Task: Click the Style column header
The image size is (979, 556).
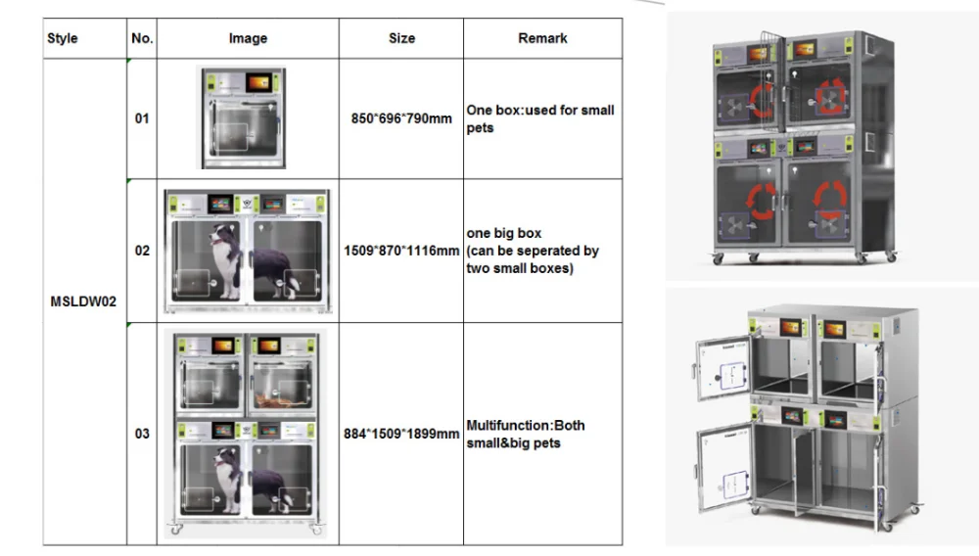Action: (x=63, y=38)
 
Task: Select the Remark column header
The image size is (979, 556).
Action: (x=542, y=38)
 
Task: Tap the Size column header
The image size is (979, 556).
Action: (x=401, y=38)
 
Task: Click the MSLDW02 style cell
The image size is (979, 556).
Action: (x=83, y=301)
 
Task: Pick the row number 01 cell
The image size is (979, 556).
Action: (x=142, y=118)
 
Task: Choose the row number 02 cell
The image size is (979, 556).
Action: (x=142, y=251)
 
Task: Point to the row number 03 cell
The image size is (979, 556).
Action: (x=142, y=434)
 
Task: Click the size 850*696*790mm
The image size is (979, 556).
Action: (x=401, y=118)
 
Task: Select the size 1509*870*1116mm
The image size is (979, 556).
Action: (x=401, y=251)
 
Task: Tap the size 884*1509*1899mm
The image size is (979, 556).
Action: (x=401, y=434)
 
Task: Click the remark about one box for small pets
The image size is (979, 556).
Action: (x=540, y=118)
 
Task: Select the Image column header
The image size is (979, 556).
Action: (x=248, y=38)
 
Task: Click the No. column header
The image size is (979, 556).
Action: (x=142, y=38)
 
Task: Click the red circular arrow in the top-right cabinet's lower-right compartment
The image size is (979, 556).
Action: (x=831, y=202)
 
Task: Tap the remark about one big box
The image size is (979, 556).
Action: (x=533, y=251)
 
